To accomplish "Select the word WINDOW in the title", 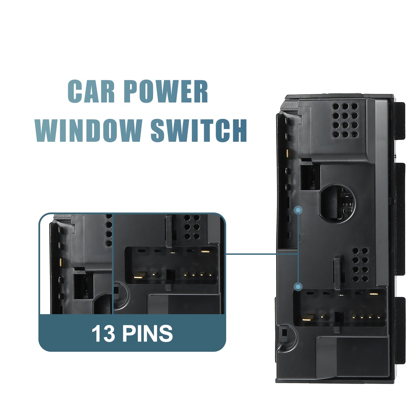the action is click(87, 131).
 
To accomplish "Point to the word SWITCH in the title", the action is click(199, 131).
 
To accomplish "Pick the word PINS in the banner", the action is click(148, 333).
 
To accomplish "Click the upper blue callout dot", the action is click(298, 210).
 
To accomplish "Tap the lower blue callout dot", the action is click(298, 286).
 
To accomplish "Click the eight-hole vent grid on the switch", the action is click(360, 264).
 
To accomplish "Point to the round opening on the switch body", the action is click(337, 203).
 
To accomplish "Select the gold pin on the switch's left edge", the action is click(287, 153).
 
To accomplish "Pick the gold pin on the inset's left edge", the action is click(61, 262).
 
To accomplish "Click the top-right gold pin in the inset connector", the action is click(205, 251).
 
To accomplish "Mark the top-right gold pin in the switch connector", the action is click(374, 294).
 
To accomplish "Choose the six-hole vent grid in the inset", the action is click(192, 227).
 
